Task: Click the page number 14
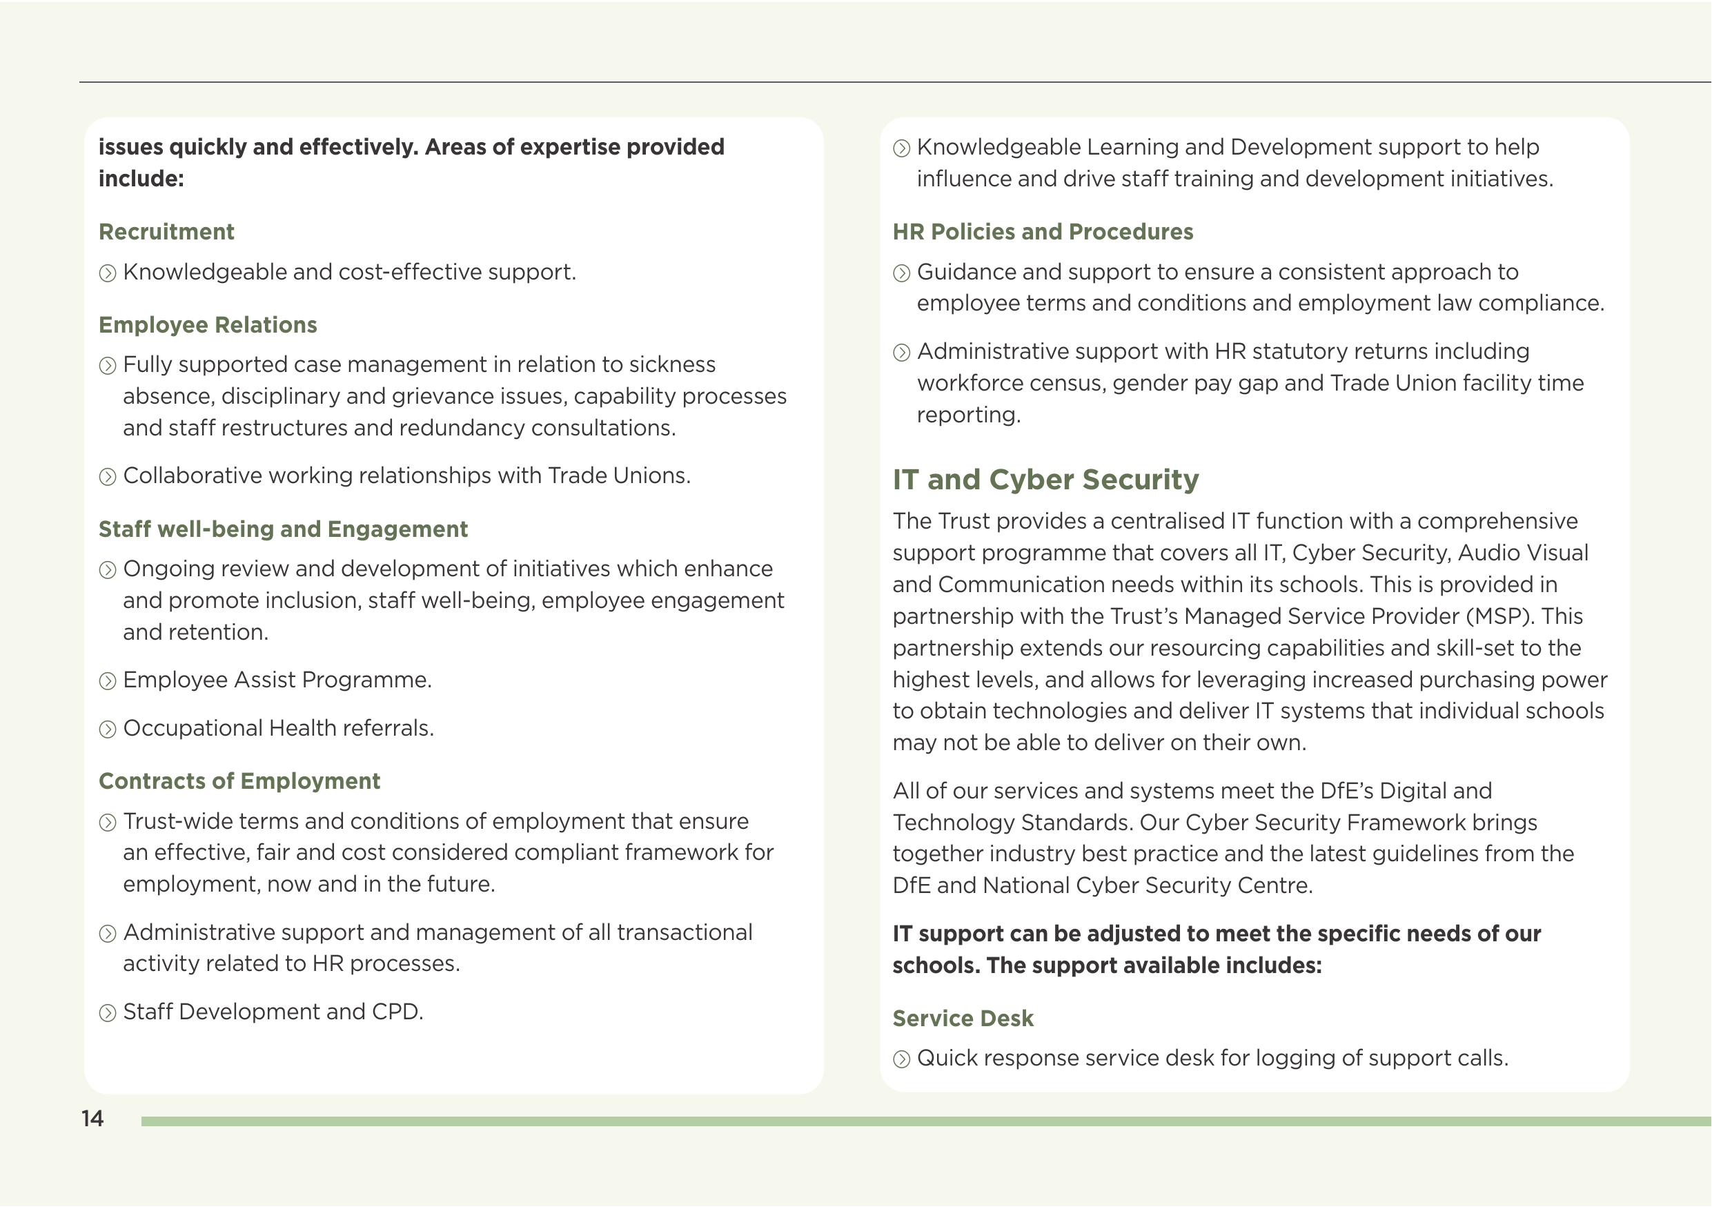pyautogui.click(x=92, y=1118)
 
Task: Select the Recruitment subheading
pyautogui.click(x=166, y=232)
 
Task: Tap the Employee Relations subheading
pyautogui.click(x=208, y=325)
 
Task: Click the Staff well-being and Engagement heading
pyautogui.click(x=284, y=529)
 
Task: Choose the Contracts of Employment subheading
pyautogui.click(x=239, y=781)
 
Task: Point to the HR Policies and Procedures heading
pyautogui.click(x=1043, y=232)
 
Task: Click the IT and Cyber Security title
pyautogui.click(x=1045, y=480)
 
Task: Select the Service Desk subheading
pyautogui.click(x=963, y=1019)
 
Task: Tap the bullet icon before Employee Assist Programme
pyautogui.click(x=108, y=681)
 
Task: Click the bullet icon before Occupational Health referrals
pyautogui.click(x=108, y=729)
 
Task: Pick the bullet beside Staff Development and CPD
pyautogui.click(x=108, y=1013)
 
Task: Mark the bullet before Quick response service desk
pyautogui.click(x=901, y=1059)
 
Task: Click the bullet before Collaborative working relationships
pyautogui.click(x=108, y=477)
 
